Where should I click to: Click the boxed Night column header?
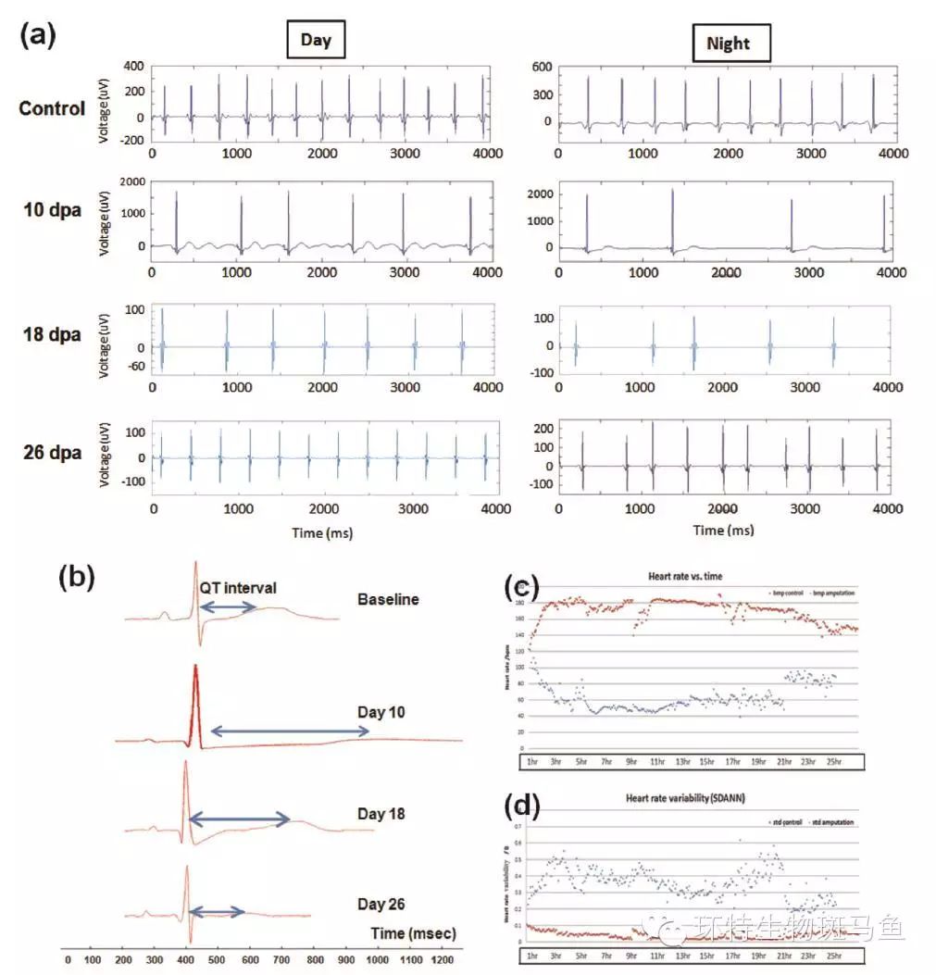pyautogui.click(x=728, y=44)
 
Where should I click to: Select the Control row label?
pyautogui.click(x=52, y=108)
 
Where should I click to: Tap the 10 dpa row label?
pyautogui.click(x=52, y=210)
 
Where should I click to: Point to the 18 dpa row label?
pyautogui.click(x=52, y=335)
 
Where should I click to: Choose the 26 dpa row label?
pyautogui.click(x=52, y=453)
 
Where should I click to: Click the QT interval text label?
pyautogui.click(x=237, y=587)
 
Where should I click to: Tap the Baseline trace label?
pyautogui.click(x=388, y=599)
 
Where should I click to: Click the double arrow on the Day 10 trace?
pyautogui.click(x=290, y=731)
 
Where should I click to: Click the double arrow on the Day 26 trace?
pyautogui.click(x=217, y=912)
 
